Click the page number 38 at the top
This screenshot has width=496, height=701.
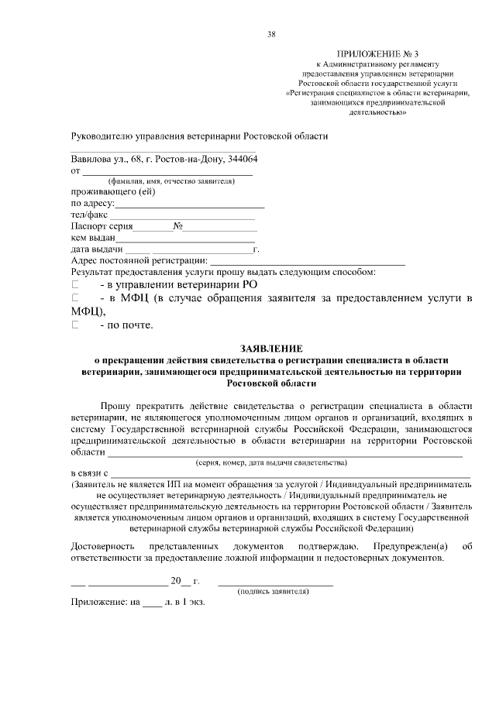pyautogui.click(x=270, y=33)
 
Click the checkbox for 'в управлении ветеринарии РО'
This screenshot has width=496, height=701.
pyautogui.click(x=75, y=284)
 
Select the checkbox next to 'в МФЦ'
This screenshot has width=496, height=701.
pyautogui.click(x=75, y=298)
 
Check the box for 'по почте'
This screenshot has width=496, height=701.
pyautogui.click(x=75, y=325)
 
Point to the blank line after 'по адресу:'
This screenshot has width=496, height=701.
pyautogui.click(x=189, y=204)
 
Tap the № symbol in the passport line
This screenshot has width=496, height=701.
pyautogui.click(x=177, y=227)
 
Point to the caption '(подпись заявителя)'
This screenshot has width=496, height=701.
pyautogui.click(x=274, y=591)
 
